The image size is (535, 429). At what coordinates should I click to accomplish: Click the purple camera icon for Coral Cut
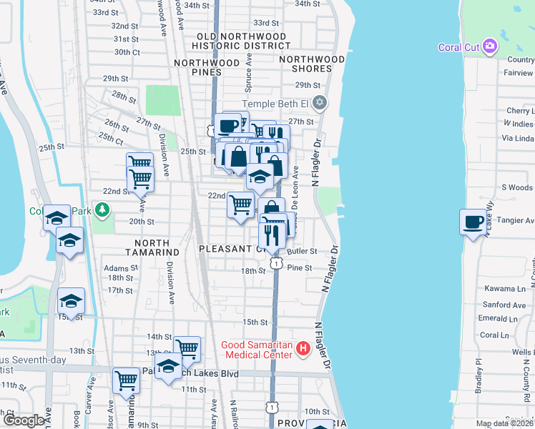[x=490, y=47]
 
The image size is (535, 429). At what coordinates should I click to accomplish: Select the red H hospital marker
[x=303, y=349]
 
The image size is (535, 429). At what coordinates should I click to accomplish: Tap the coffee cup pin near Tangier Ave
[x=473, y=222]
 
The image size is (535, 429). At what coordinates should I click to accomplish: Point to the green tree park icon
[x=103, y=209]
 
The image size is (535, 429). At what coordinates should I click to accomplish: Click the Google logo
[x=23, y=420]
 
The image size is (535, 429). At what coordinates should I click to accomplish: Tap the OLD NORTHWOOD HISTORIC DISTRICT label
[x=235, y=41]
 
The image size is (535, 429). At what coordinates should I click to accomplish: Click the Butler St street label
[x=301, y=252]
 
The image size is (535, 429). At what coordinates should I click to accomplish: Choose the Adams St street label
[x=119, y=267]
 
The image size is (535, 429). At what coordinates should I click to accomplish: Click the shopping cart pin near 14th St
[x=187, y=349]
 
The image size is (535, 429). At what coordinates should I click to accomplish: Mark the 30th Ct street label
[x=127, y=52]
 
